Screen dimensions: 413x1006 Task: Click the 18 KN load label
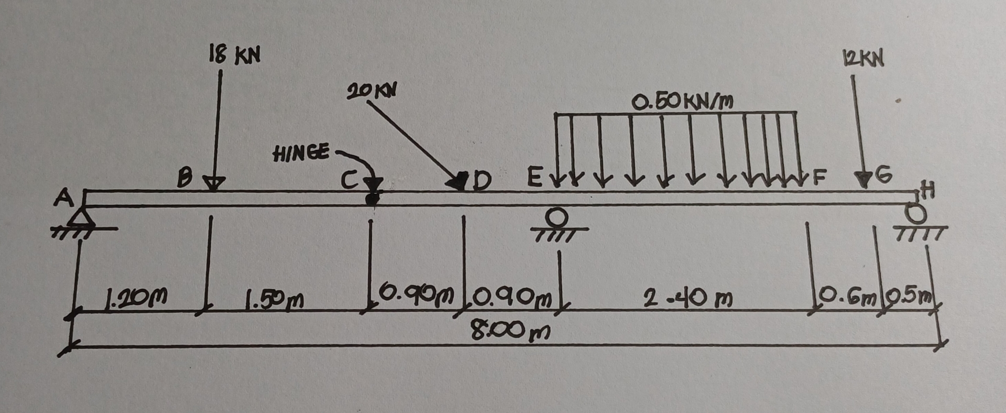[234, 55]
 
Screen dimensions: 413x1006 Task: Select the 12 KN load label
[863, 59]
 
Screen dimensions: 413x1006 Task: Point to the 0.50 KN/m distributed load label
[682, 101]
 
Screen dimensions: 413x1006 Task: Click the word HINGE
[301, 153]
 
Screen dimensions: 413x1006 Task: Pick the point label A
[64, 199]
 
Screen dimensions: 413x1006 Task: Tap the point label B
[184, 179]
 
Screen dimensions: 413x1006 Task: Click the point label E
[533, 179]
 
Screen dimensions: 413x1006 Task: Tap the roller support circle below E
[558, 215]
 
